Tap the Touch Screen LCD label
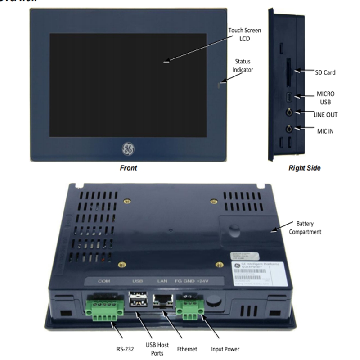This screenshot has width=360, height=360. click(244, 34)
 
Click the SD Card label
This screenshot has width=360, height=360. click(325, 72)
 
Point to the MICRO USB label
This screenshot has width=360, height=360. click(325, 98)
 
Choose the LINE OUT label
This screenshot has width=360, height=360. click(325, 115)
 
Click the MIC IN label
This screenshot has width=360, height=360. click(325, 131)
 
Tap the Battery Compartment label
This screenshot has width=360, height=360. click(308, 228)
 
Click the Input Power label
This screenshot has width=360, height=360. click(225, 349)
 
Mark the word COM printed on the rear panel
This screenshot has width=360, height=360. click(104, 281)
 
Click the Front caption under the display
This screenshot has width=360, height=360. click(128, 168)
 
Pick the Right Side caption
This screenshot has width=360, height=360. click(305, 168)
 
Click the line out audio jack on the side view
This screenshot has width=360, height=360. click(290, 112)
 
